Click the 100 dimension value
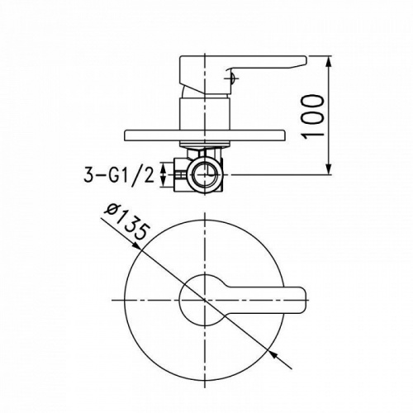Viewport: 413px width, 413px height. pos(312,116)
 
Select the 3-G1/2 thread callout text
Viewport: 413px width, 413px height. pos(119,175)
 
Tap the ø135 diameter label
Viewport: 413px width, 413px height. pos(127,221)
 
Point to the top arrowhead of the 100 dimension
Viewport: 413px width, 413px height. pos(328,63)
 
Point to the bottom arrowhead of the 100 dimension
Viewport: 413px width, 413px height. pos(328,169)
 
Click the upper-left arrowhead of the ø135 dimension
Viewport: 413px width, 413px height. pos(135,245)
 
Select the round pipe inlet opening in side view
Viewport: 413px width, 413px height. pos(205,174)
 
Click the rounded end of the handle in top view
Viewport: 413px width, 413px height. pos(301,301)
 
